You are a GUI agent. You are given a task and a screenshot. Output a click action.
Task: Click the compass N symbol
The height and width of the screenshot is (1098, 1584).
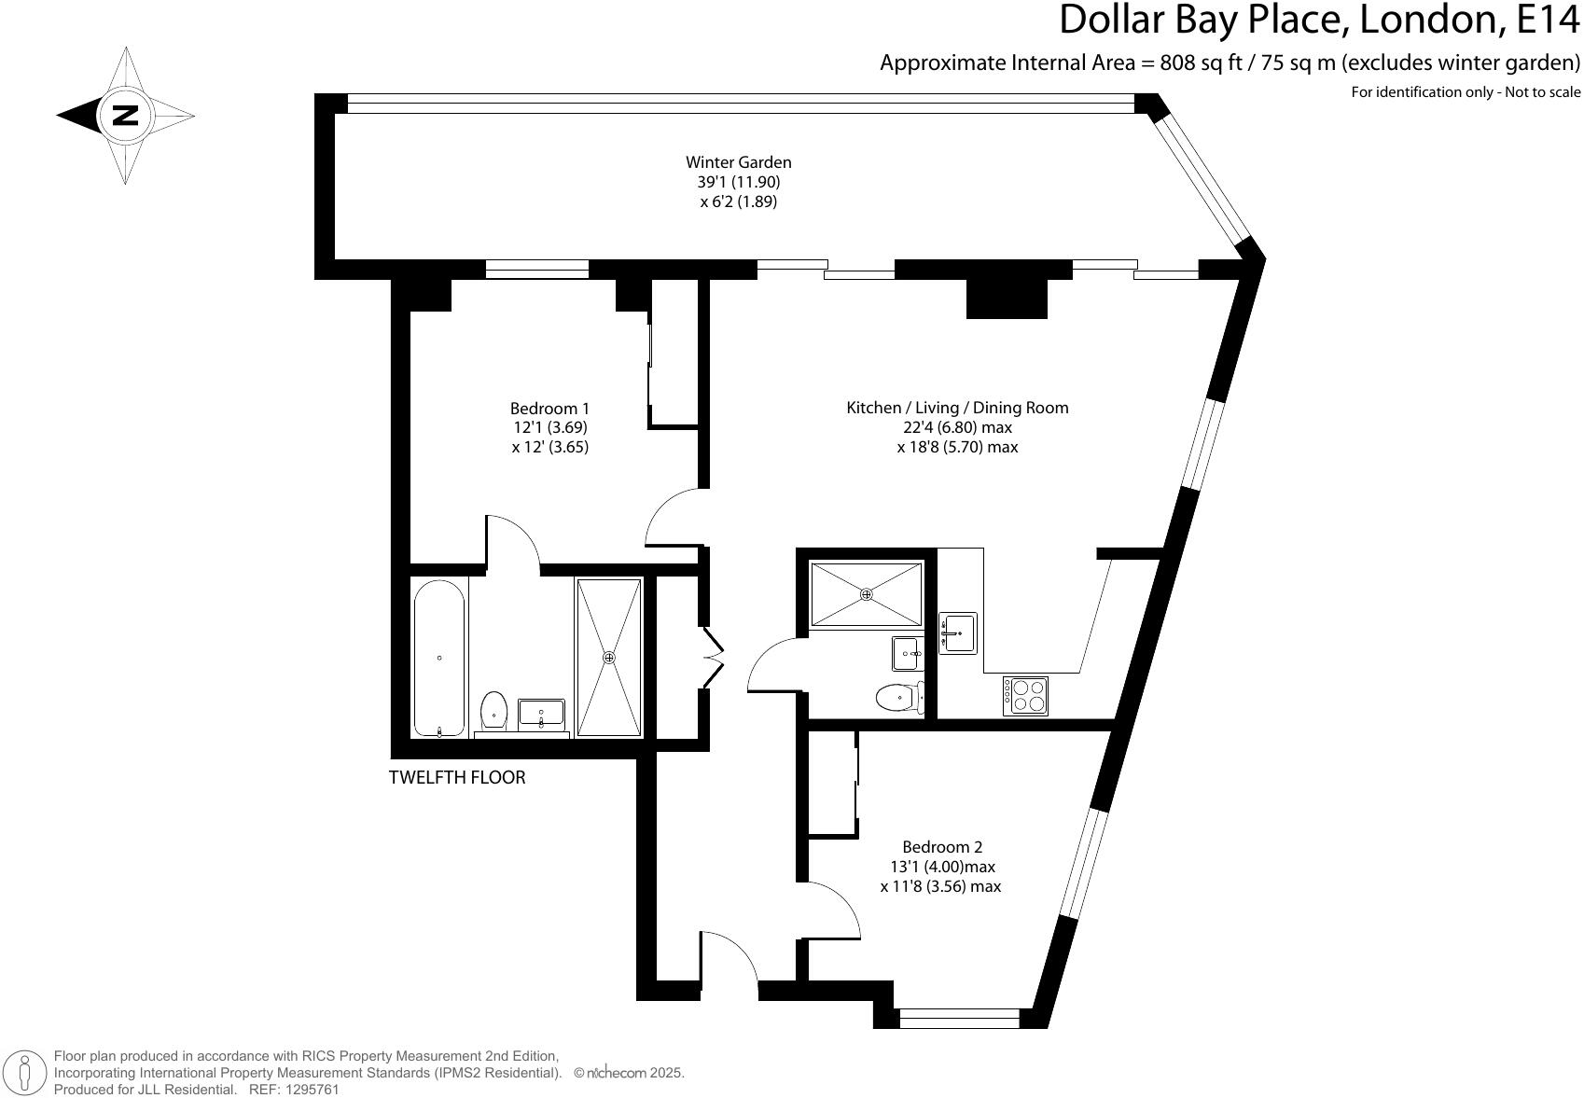125,116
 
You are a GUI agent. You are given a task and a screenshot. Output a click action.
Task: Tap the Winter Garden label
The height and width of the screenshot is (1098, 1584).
738,162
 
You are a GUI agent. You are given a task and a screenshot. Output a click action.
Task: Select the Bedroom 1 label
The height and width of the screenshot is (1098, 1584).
549,409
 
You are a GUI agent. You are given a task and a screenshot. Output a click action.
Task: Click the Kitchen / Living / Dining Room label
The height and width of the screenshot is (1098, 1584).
957,408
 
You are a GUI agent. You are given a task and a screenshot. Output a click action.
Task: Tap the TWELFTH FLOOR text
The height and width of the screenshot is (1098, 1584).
457,777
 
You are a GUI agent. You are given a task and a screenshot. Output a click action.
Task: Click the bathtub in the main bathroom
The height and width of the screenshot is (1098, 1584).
439,659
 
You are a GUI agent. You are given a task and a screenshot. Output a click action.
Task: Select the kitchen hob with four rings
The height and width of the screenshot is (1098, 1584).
1025,696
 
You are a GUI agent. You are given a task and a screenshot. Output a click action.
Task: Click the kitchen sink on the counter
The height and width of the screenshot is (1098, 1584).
957,633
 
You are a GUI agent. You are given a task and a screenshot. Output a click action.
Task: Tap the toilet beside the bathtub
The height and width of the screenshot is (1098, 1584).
493,711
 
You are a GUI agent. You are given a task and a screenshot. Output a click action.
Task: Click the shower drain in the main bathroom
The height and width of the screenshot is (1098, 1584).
609,658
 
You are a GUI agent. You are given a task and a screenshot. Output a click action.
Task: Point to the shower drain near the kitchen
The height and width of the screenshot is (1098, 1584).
866,594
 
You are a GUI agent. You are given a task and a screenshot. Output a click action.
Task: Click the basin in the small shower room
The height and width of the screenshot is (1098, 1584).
907,653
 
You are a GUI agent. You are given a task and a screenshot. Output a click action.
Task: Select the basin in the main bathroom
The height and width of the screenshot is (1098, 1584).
541,714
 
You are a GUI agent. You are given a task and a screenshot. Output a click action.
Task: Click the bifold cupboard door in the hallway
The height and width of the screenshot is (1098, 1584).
714,658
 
